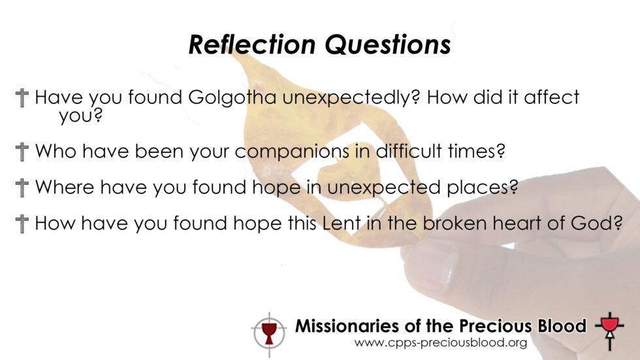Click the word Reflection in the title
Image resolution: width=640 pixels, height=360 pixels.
pyautogui.click(x=252, y=44)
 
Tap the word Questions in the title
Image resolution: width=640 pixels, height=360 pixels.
pyautogui.click(x=388, y=45)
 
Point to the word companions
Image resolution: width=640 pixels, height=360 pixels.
pyautogui.click(x=292, y=152)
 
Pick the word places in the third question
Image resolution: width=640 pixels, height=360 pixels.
pyautogui.click(x=483, y=188)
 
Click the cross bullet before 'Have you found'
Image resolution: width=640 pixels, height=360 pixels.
pyautogui.click(x=22, y=98)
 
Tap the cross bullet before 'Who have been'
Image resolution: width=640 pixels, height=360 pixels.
pyautogui.click(x=22, y=152)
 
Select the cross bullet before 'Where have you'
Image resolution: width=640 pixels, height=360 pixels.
pyautogui.click(x=22, y=188)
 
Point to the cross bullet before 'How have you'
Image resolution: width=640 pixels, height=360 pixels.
pyautogui.click(x=22, y=223)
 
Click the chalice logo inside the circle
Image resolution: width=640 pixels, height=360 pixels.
pyautogui.click(x=268, y=333)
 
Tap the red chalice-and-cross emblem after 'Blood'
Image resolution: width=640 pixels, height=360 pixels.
pyautogui.click(x=610, y=330)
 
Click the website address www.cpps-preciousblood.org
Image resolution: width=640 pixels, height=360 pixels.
pyautogui.click(x=440, y=343)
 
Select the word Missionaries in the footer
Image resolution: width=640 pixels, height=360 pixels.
pyautogui.click(x=347, y=326)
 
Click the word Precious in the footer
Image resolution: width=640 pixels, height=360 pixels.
pyautogui.click(x=496, y=326)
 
